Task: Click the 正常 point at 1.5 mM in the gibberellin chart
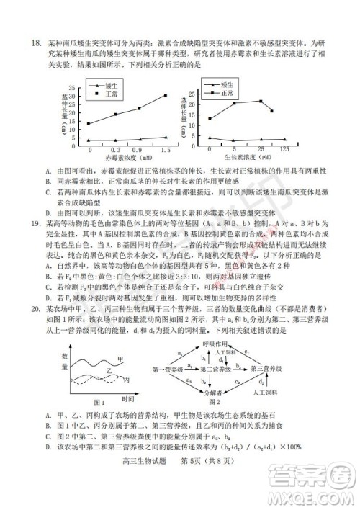pyautogui.click(x=165, y=96)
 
